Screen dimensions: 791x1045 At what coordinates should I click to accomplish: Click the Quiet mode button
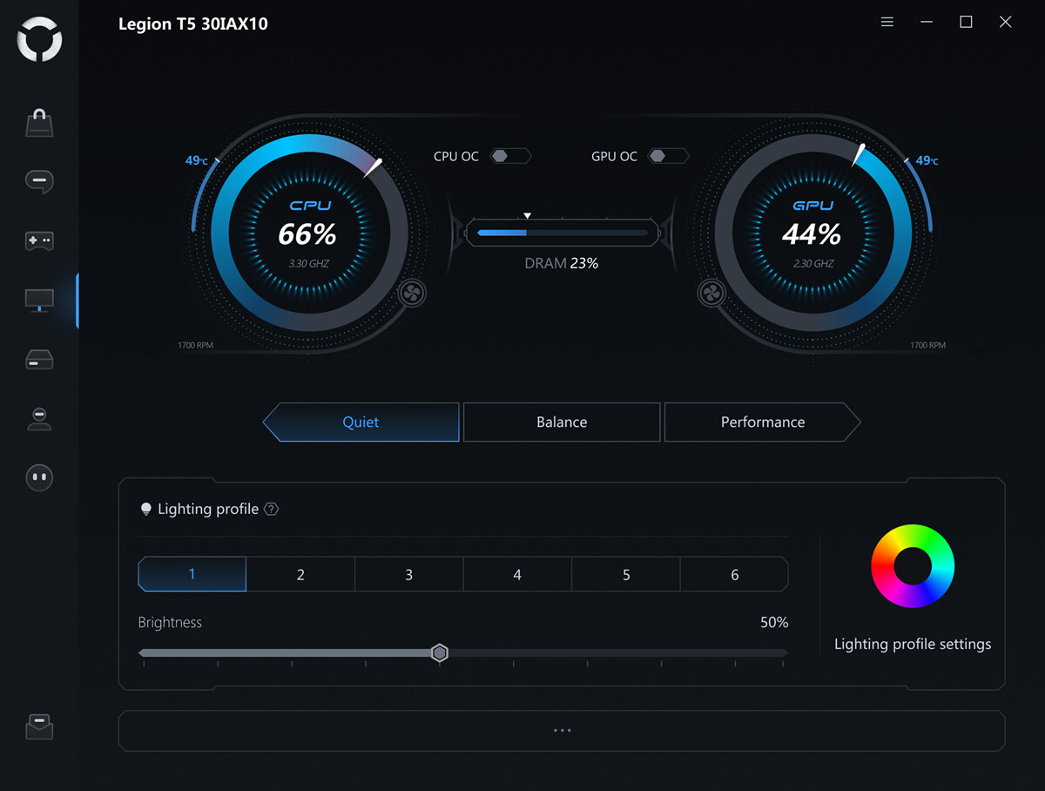[x=361, y=423]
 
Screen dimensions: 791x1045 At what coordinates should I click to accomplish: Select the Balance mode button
[x=562, y=423]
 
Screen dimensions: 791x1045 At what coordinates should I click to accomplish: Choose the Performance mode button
[x=762, y=423]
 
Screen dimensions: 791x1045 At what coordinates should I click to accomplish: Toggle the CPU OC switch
[x=509, y=156]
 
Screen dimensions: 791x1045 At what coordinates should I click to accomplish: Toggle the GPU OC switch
[x=668, y=156]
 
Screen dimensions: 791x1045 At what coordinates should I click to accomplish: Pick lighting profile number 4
[x=517, y=575]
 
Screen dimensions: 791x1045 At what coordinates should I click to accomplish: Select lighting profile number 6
[x=734, y=575]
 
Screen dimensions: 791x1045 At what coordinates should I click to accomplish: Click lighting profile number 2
[x=300, y=575]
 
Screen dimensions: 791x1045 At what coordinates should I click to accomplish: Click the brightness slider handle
[x=440, y=653]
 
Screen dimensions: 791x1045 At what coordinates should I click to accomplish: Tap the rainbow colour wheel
[x=913, y=566]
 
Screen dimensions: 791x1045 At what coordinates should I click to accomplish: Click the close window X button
[x=1005, y=22]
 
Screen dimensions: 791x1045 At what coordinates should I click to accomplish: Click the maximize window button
[x=966, y=22]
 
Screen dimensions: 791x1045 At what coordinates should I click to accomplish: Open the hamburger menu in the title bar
[x=887, y=22]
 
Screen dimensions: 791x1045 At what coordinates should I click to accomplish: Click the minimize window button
[x=927, y=22]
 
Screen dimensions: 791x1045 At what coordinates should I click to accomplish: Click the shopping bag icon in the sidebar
[x=39, y=123]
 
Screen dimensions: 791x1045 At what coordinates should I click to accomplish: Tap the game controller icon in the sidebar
[x=39, y=240]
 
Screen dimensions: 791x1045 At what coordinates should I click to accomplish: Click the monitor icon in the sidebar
[x=39, y=301]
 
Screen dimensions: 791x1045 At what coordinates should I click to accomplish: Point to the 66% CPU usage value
[x=307, y=233]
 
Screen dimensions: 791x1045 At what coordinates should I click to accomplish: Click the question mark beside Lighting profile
[x=271, y=510]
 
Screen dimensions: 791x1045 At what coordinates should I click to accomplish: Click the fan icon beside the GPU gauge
[x=711, y=293]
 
